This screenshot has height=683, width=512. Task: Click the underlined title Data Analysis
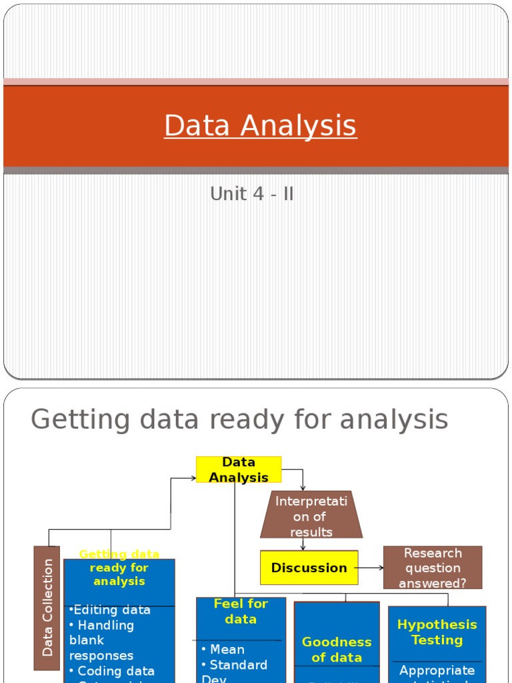[x=260, y=125]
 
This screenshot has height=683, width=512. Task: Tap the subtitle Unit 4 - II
[x=251, y=194]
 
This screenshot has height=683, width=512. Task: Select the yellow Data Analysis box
[x=239, y=470]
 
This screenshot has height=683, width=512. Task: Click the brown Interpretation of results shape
[x=311, y=516]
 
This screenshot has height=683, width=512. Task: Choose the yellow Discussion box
[x=309, y=568]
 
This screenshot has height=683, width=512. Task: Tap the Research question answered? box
[x=432, y=568]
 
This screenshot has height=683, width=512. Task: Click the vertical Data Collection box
[x=47, y=608]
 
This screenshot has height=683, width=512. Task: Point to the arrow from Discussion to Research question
[x=371, y=568]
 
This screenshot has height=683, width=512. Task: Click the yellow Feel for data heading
[x=241, y=611]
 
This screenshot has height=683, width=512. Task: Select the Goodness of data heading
[x=337, y=649]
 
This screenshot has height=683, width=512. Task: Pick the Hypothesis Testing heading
[x=437, y=632]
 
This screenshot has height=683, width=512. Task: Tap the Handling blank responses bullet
[x=101, y=640]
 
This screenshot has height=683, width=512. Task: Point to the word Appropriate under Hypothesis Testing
[x=437, y=670]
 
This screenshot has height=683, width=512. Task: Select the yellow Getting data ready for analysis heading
[x=119, y=568]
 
